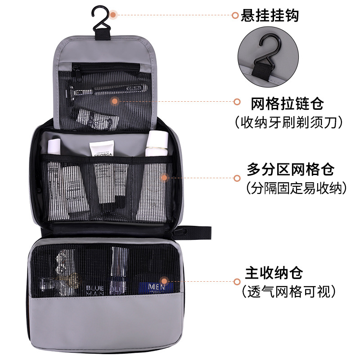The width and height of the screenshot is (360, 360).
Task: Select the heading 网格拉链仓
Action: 287,104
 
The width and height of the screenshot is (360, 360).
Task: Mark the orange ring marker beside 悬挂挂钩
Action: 235,16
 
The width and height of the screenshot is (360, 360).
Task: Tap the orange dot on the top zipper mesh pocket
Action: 115,102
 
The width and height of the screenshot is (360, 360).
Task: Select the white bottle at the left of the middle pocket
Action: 54,146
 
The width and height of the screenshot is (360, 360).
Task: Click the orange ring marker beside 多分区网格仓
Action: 236,178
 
